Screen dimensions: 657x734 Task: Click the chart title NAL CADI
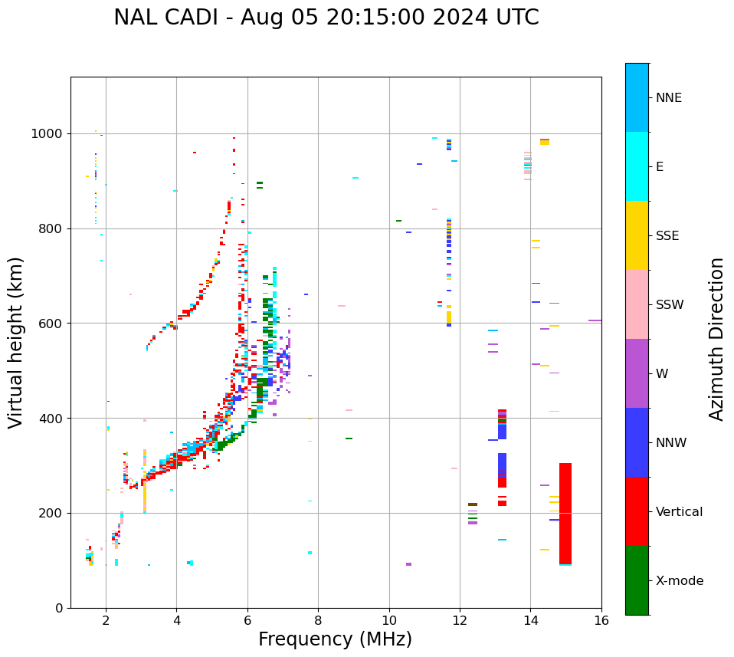(326, 18)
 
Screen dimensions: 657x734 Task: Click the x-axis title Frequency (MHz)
(335, 639)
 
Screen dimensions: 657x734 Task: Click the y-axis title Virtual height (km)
(16, 342)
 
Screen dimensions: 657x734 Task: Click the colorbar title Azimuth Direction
(716, 339)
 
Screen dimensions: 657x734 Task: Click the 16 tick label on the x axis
(601, 620)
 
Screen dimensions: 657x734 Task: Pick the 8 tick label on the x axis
(318, 620)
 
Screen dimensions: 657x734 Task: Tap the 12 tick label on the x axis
(460, 620)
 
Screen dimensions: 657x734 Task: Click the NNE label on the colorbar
(668, 98)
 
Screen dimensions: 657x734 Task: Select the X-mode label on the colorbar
(679, 581)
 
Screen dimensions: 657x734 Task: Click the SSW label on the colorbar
(670, 305)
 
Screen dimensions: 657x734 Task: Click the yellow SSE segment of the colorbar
(637, 235)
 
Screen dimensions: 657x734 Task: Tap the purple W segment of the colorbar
(637, 373)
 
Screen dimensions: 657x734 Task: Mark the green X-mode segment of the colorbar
(637, 580)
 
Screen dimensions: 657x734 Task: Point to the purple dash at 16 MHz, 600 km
(595, 320)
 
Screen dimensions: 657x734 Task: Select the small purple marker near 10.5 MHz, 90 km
(408, 564)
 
